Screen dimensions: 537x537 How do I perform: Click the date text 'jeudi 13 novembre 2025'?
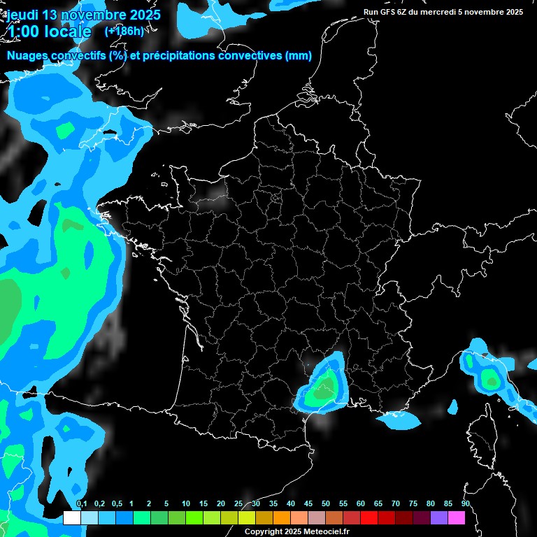point(83,14)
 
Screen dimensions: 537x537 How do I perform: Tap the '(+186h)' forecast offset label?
point(124,31)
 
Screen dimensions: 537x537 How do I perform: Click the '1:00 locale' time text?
point(49,31)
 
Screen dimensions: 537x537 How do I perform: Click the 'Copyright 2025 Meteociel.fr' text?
point(296,531)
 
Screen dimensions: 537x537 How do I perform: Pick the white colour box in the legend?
point(71,518)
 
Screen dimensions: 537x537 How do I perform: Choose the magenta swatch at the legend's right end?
point(457,518)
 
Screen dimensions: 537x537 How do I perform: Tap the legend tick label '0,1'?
point(81,504)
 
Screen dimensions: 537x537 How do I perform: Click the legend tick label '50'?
point(326,504)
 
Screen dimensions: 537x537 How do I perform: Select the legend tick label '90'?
point(465,504)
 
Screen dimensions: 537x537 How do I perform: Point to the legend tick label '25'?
point(238,504)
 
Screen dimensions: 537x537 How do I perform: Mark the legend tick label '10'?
point(186,504)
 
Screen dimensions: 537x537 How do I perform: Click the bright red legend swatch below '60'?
point(369,518)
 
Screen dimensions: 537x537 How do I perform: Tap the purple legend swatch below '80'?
point(439,518)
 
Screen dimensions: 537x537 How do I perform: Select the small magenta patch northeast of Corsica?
point(452,406)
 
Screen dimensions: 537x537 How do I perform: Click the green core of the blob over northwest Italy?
point(492,381)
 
